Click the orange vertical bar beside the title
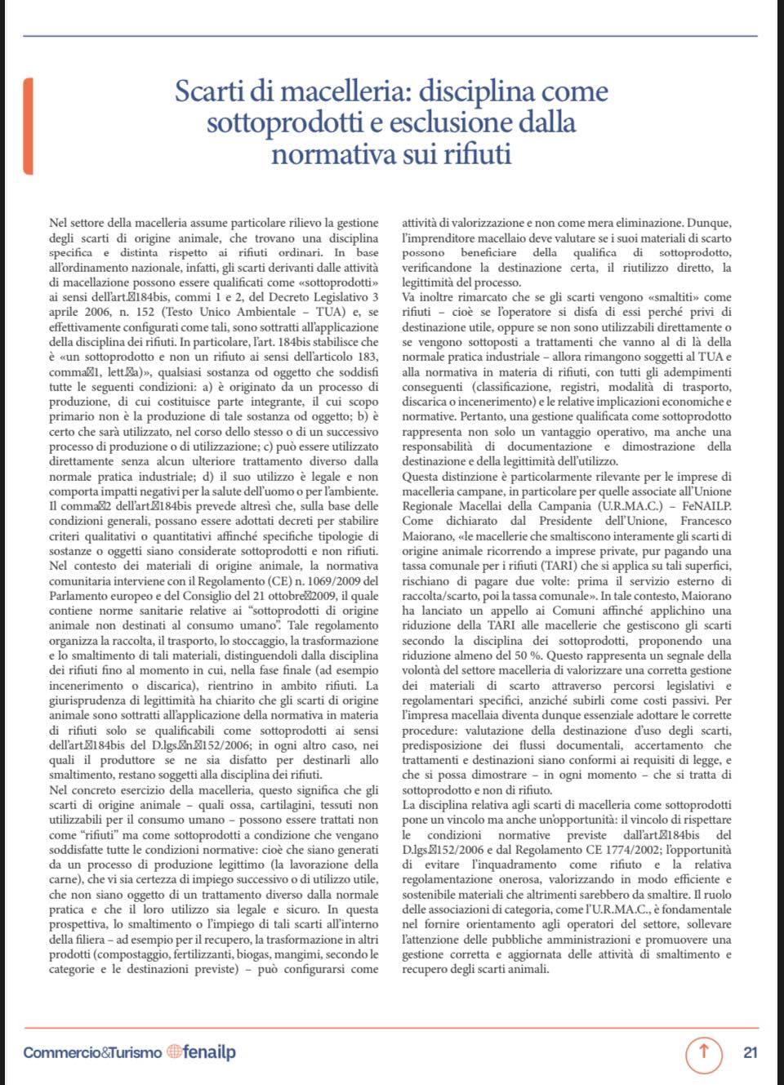click(29, 127)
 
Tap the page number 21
click(750, 1052)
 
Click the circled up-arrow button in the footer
click(703, 1052)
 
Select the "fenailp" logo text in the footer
click(209, 1052)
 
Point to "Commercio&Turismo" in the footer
click(92, 1052)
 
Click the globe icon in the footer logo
click(174, 1052)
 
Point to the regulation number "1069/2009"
click(333, 581)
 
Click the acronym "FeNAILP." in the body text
click(706, 506)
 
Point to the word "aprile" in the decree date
click(65, 312)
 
